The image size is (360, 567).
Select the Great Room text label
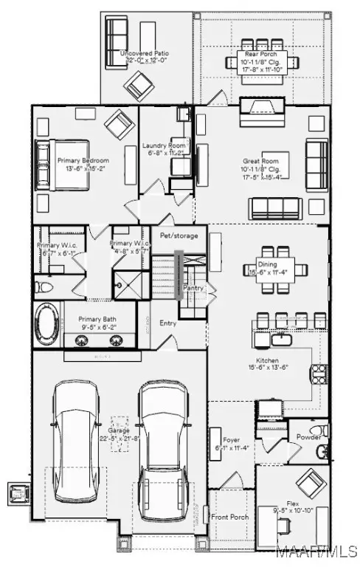point(263,160)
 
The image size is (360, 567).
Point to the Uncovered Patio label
point(145,54)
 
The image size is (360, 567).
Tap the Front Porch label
point(230,517)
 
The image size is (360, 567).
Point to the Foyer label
point(222,441)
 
